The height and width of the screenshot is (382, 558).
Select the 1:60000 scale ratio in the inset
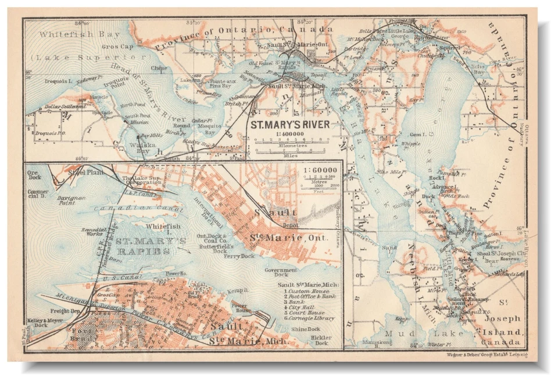click(x=320, y=170)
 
